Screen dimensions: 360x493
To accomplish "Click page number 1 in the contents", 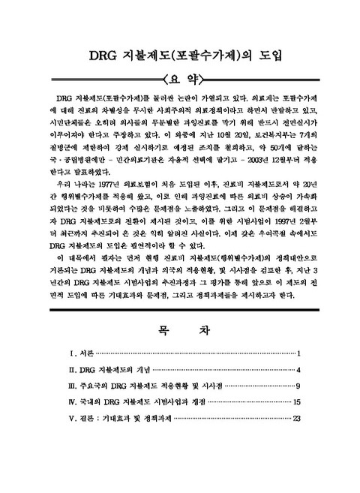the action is tap(298, 353).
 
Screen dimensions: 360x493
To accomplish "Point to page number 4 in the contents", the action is tap(298, 370).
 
